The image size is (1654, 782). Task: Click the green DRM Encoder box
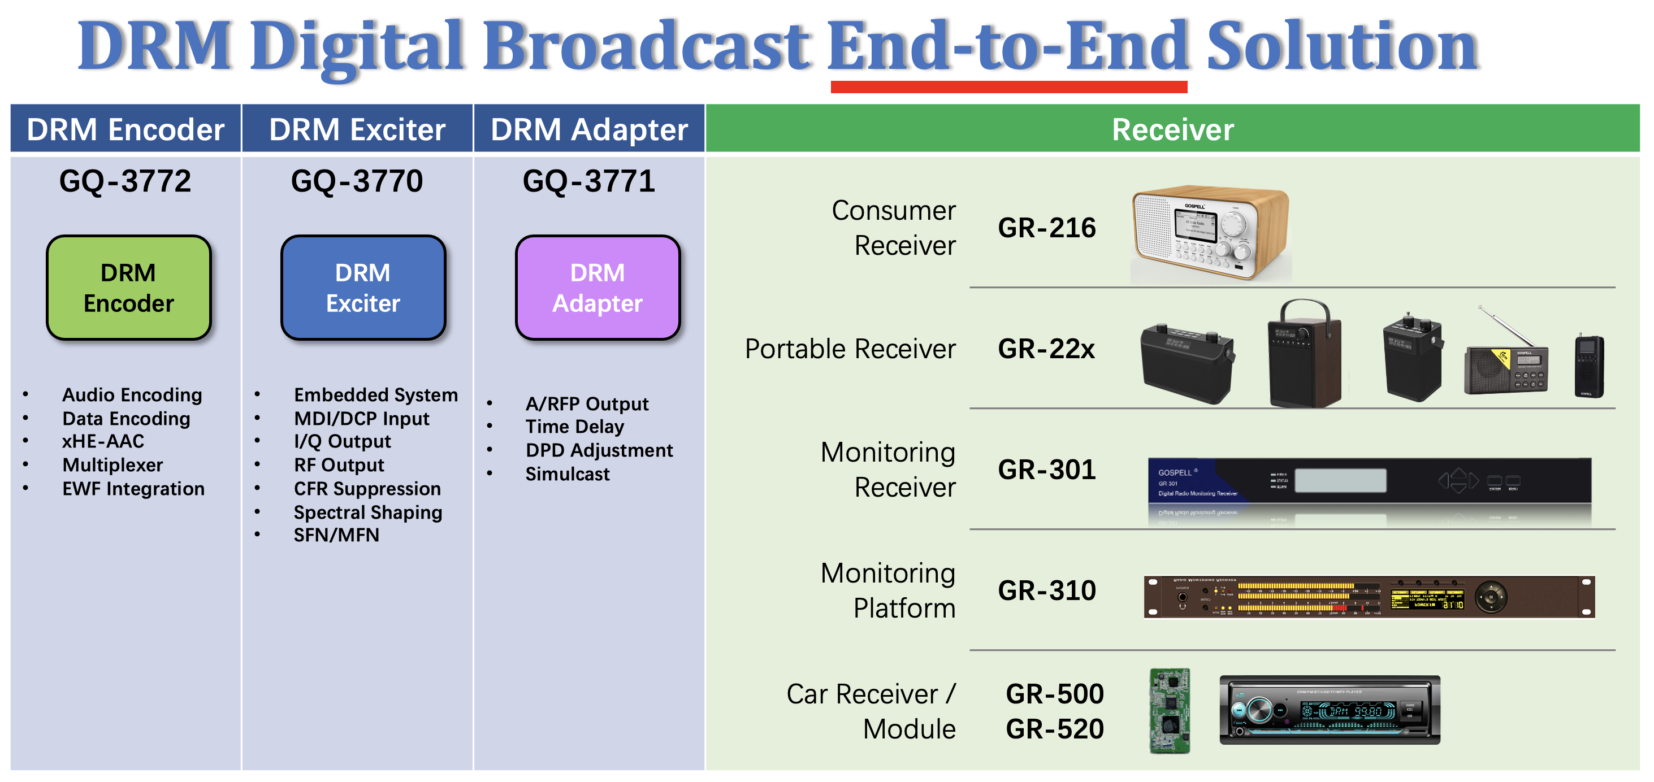click(128, 287)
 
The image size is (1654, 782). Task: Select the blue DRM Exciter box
click(363, 287)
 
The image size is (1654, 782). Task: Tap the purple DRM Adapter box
click(597, 287)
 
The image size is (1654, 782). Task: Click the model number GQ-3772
click(125, 181)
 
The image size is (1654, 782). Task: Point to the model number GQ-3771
click(589, 181)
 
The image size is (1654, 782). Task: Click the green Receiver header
click(1172, 129)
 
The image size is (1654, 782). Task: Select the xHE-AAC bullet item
click(103, 442)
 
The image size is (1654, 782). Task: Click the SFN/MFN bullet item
click(336, 536)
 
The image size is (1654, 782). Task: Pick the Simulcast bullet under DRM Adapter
click(567, 475)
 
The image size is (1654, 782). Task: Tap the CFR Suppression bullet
click(367, 489)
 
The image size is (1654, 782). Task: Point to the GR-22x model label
click(1046, 349)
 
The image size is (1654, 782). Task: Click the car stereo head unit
click(1329, 710)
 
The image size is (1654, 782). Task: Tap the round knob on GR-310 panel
click(1491, 597)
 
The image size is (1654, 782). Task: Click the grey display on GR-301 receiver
click(1340, 480)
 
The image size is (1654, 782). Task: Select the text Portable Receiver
click(850, 349)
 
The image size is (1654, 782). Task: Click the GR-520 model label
click(1054, 729)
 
